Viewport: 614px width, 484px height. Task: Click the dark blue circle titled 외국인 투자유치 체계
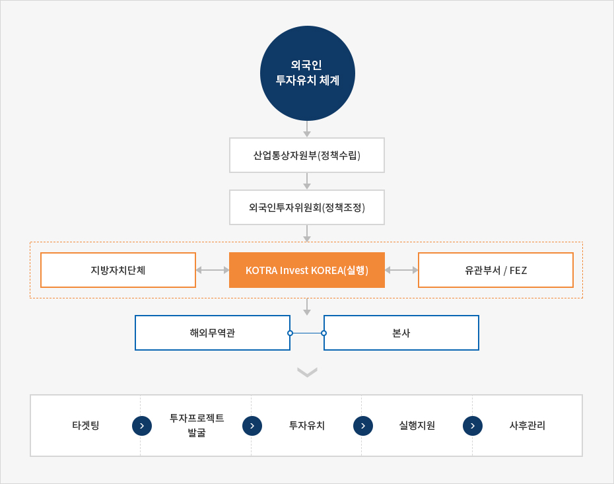coord(308,73)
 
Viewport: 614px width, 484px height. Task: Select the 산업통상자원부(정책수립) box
coord(307,155)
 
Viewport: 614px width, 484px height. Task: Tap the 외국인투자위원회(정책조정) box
coord(307,207)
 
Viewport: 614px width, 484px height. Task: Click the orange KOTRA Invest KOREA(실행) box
coord(307,270)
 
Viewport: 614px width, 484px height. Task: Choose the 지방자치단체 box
coord(118,270)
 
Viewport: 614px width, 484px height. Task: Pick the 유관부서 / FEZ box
coord(496,270)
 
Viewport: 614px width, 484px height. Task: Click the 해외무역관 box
coord(212,333)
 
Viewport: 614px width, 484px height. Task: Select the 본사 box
coord(401,333)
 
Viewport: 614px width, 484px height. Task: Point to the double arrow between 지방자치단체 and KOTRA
coord(213,270)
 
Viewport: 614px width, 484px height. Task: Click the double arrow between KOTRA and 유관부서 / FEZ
coord(401,270)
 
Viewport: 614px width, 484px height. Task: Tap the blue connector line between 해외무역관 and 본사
coord(307,333)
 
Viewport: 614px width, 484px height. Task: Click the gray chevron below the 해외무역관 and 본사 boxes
coord(308,372)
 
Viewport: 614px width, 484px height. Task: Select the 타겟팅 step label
coord(86,425)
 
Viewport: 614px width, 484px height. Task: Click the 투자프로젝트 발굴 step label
coord(197,425)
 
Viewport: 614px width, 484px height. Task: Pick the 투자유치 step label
coord(307,425)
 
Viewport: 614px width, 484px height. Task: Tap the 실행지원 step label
coord(417,425)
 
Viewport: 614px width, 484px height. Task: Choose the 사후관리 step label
coord(527,425)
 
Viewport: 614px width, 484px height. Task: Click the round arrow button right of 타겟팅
coord(142,426)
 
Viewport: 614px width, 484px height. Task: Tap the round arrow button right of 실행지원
coord(473,426)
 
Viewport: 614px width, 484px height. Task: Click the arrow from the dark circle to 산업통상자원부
coord(307,129)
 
